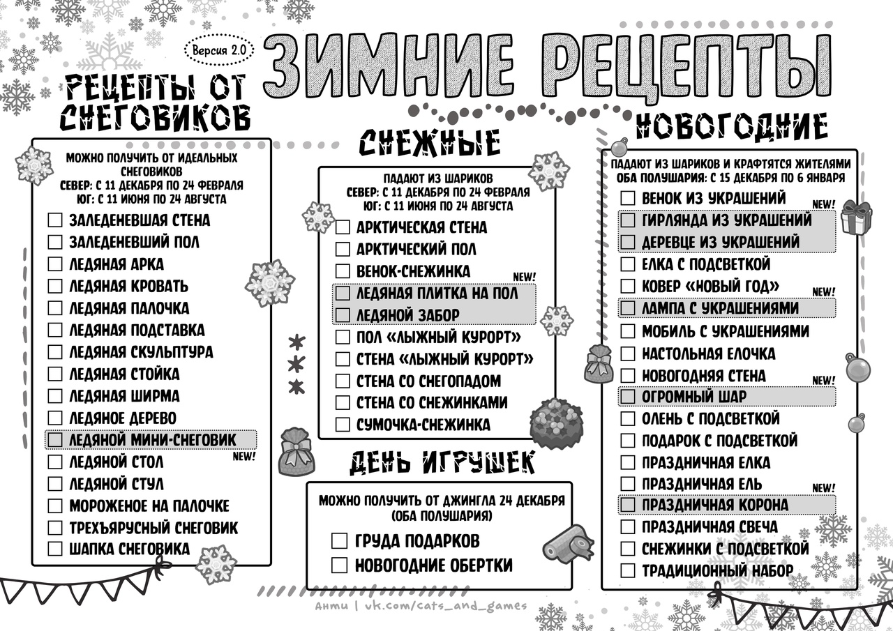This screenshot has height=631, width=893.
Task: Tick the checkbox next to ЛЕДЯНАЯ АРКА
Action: (x=55, y=264)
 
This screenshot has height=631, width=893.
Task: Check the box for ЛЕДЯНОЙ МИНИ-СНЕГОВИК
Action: (x=55, y=440)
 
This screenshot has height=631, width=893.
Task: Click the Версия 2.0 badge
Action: (x=219, y=51)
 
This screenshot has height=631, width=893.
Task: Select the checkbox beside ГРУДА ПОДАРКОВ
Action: (x=339, y=541)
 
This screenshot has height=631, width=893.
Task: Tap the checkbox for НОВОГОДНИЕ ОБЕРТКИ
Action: (x=339, y=565)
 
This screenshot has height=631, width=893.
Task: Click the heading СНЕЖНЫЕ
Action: (x=430, y=142)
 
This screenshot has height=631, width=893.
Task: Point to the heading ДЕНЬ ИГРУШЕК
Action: (x=442, y=462)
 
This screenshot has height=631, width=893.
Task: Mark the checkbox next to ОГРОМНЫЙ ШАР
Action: (x=628, y=397)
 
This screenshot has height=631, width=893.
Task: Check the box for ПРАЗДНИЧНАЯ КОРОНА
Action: (x=628, y=505)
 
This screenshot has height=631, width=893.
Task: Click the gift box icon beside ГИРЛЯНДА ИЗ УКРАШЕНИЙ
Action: (x=856, y=218)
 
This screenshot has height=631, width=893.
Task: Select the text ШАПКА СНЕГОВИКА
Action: (x=129, y=549)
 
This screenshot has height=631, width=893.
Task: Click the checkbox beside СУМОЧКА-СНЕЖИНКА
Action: (x=343, y=425)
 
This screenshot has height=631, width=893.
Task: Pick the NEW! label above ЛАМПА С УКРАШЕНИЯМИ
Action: (x=823, y=292)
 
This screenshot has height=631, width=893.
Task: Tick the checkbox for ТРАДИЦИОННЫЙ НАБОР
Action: (x=628, y=570)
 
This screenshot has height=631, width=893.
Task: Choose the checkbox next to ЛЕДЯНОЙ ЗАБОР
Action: (x=343, y=315)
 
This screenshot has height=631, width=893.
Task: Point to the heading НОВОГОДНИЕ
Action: (x=732, y=128)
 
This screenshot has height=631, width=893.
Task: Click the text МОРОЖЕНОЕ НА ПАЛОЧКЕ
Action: (x=149, y=505)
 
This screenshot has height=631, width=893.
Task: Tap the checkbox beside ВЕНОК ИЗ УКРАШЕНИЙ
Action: (x=628, y=199)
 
